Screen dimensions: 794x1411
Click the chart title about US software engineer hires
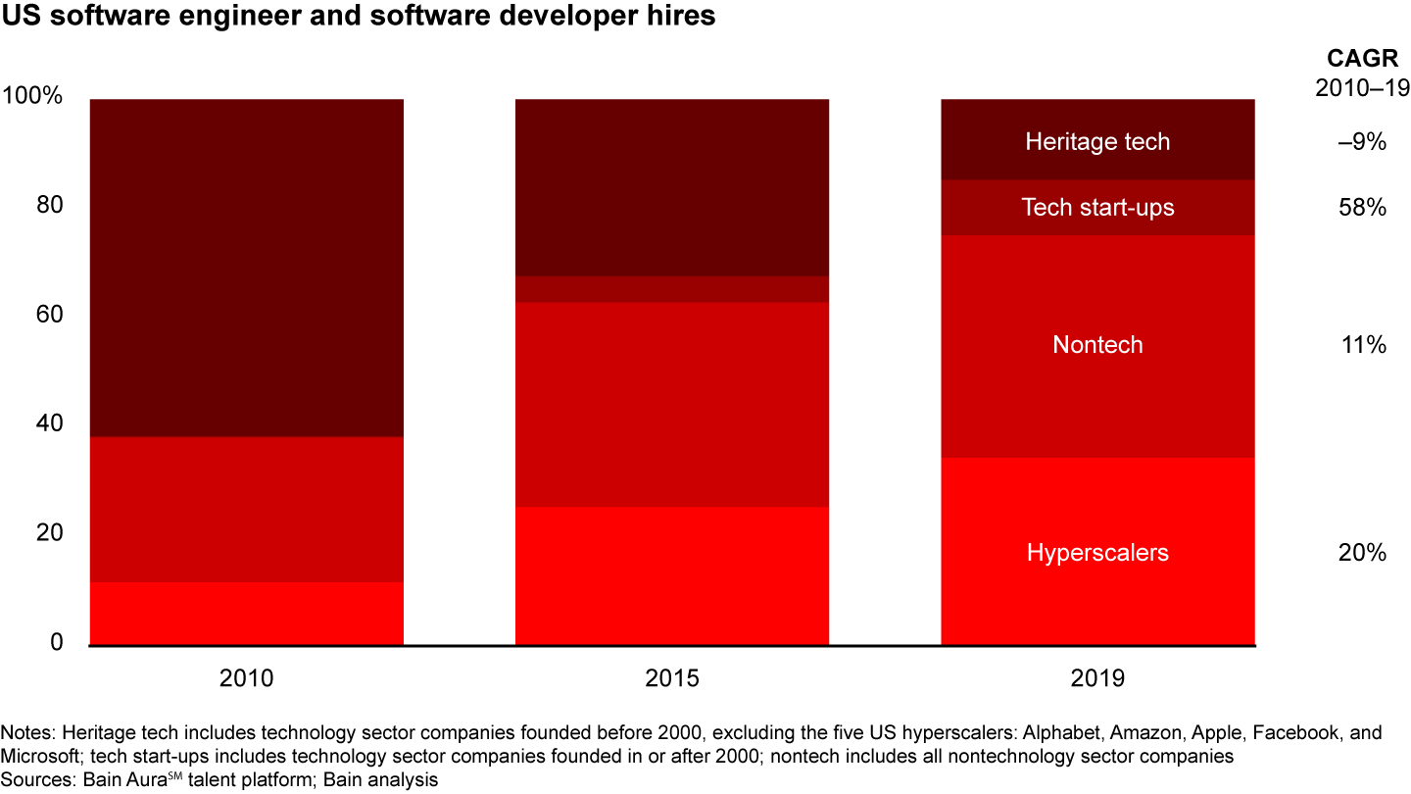[359, 18]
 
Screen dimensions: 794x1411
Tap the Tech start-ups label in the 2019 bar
[1097, 207]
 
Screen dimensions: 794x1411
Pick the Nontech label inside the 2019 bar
[1097, 345]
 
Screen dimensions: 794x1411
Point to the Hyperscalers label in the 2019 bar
[1097, 553]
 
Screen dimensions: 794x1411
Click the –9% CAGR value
[1362, 142]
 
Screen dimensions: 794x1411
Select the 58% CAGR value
[1362, 208]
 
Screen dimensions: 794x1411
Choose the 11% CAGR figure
[1362, 345]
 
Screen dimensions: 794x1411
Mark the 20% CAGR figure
[1362, 553]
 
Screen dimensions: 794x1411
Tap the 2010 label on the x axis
[246, 678]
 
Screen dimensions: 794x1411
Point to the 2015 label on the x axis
[672, 678]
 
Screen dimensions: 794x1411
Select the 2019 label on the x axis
[1097, 678]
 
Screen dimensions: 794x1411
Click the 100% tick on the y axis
[33, 97]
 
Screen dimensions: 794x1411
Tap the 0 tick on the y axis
[56, 643]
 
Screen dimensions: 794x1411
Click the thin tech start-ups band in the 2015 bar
[672, 289]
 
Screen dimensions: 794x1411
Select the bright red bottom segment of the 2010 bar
[246, 614]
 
